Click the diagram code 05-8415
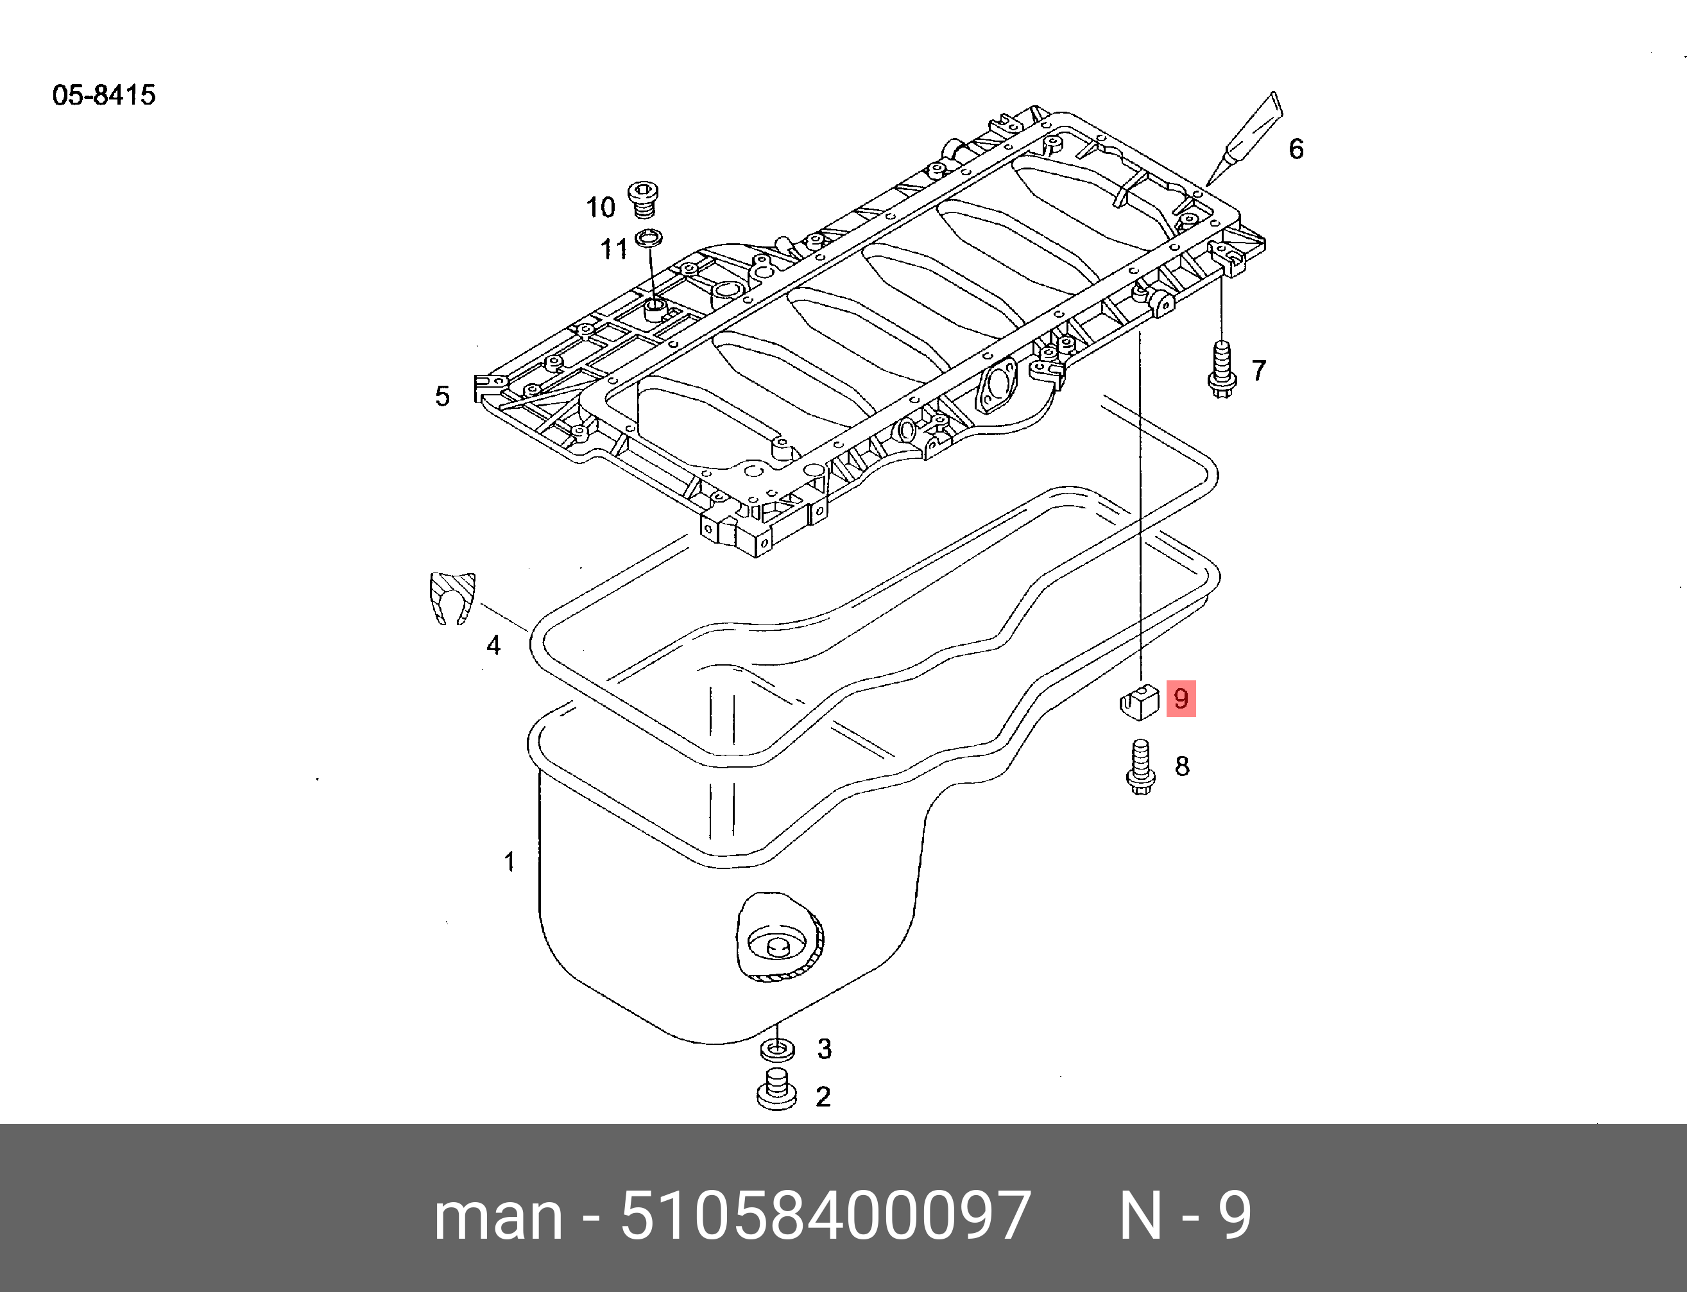(104, 96)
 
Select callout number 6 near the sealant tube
(1296, 148)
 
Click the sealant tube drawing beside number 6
(1246, 139)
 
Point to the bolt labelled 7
(1221, 372)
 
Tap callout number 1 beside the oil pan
(509, 861)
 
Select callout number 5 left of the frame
(442, 396)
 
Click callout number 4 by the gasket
(493, 645)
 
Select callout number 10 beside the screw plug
(601, 207)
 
